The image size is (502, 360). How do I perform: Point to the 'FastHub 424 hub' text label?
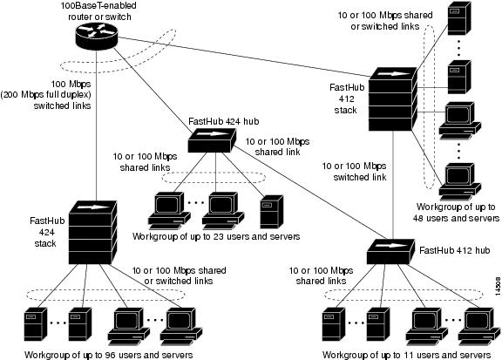pos(225,121)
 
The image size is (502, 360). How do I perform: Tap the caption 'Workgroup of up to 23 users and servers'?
pos(217,236)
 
